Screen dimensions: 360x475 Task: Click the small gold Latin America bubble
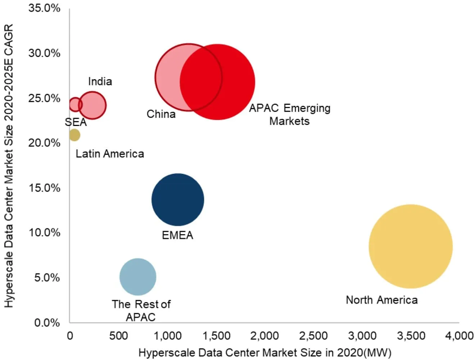tap(74, 135)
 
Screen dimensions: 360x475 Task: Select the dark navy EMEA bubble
tap(178, 200)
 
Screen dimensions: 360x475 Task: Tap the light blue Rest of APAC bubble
tap(138, 277)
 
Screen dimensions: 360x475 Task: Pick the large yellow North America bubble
tap(411, 247)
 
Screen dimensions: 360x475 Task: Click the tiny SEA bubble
tap(75, 104)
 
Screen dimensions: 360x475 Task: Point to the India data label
tap(100, 81)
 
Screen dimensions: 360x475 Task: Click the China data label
tap(161, 114)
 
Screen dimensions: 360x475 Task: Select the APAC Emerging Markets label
tap(290, 114)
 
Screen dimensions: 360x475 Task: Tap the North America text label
tap(381, 300)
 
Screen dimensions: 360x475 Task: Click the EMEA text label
tap(177, 235)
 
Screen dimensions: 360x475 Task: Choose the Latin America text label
tap(110, 154)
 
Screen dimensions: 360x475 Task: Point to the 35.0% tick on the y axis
tap(44, 8)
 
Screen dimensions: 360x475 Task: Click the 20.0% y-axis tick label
tap(44, 143)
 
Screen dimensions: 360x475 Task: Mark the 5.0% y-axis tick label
tap(47, 278)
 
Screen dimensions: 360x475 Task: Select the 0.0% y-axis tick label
tap(47, 323)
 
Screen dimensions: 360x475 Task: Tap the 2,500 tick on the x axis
tap(313, 336)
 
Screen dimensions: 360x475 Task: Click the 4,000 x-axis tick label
tap(459, 336)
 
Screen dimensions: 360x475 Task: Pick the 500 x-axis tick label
tap(118, 336)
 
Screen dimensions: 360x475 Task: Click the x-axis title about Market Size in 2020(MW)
tap(264, 352)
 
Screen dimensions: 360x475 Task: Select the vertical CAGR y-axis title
tap(9, 166)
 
